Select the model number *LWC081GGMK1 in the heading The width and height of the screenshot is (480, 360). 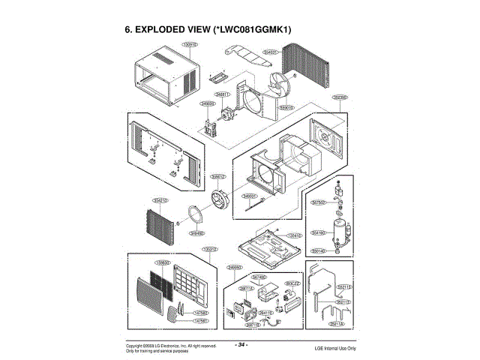(x=250, y=30)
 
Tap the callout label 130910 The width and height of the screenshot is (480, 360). (x=190, y=46)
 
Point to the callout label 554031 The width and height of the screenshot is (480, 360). (x=271, y=52)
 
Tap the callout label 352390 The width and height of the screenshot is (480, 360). (x=340, y=97)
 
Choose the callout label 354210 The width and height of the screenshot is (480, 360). (x=160, y=200)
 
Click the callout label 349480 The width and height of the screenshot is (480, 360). (x=197, y=233)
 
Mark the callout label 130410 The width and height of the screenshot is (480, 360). (x=295, y=235)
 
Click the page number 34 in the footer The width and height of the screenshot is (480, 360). (x=241, y=344)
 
